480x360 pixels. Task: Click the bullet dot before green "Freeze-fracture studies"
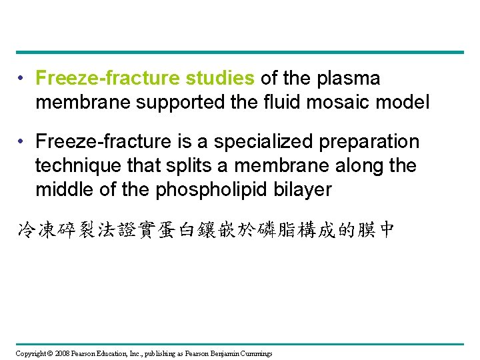pos(23,79)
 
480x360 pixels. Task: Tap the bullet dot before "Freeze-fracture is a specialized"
pos(23,142)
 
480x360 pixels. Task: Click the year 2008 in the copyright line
pos(61,353)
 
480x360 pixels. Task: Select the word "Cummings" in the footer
pos(256,353)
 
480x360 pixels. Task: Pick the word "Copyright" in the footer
pos(30,353)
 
